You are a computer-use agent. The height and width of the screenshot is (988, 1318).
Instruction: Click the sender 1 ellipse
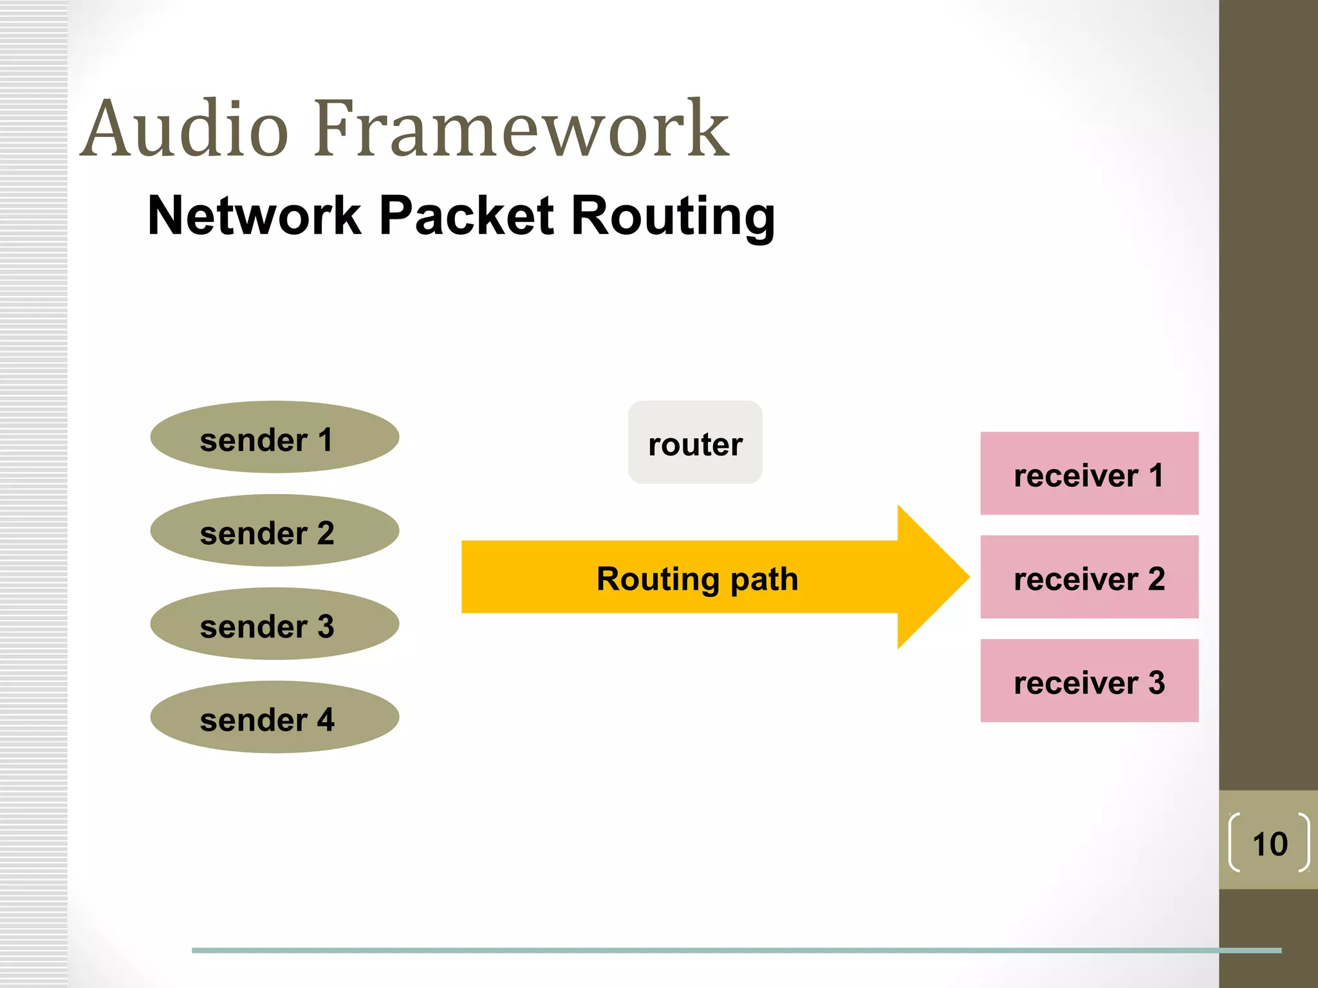coord(275,437)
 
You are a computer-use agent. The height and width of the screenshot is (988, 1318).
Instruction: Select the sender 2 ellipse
coord(275,531)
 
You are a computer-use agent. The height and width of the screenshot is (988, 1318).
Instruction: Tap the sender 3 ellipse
coord(275,624)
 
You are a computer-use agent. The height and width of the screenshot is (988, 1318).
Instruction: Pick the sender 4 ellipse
coord(275,717)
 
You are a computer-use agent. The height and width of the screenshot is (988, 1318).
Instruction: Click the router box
coord(695,443)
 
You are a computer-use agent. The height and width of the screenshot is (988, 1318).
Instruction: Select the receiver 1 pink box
coord(1089,473)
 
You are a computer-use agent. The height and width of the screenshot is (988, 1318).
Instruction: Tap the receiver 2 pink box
coord(1089,577)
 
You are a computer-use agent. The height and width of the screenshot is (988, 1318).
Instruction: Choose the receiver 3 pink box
coord(1089,681)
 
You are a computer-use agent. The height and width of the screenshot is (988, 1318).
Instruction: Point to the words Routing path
coord(697,579)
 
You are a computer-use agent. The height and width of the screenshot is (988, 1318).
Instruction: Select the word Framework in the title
coord(521,129)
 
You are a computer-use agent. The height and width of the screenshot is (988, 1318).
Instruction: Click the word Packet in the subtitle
coord(467,215)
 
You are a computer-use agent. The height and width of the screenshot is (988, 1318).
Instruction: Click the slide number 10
coord(1270,844)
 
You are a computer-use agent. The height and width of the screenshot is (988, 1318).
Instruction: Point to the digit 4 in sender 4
coord(326,719)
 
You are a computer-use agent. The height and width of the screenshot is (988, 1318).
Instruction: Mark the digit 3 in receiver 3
coord(1156,682)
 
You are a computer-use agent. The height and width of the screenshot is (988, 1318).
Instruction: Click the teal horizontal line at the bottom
coord(708,950)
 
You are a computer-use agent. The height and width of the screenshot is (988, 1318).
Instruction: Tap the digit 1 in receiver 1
coord(1156,475)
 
